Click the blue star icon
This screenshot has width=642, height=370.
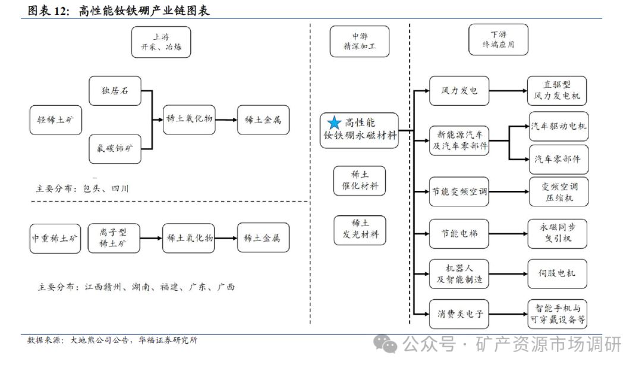(x=334, y=123)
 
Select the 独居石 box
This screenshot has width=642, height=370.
(x=115, y=91)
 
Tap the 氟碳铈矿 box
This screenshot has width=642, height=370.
(x=115, y=149)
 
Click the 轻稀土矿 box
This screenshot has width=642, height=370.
(x=55, y=120)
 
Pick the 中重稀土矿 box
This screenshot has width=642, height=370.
(x=55, y=239)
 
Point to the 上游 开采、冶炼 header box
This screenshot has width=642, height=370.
(x=160, y=42)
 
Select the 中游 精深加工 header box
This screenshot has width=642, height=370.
(x=360, y=41)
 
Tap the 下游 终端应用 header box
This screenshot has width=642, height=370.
(x=498, y=40)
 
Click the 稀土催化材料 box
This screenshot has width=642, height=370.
(x=360, y=180)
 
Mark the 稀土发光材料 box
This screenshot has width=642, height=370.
(x=360, y=230)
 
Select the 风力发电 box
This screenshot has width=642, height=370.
(x=459, y=91)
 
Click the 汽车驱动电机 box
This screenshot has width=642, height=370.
(x=559, y=126)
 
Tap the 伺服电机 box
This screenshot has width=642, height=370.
(x=558, y=273)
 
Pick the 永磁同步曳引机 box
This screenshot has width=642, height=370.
(x=558, y=233)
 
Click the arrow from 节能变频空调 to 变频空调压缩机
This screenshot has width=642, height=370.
(x=508, y=192)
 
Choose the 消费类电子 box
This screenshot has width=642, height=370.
(x=459, y=313)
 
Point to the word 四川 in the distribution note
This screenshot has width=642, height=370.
(x=119, y=189)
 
